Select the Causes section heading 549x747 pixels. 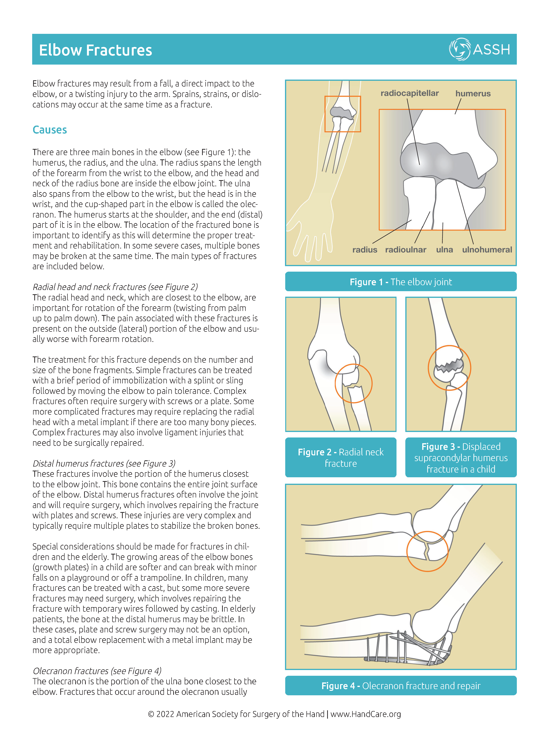coord(50,130)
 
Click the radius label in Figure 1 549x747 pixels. coord(365,249)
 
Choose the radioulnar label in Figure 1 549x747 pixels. coord(406,249)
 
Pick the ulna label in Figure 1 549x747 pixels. coord(444,249)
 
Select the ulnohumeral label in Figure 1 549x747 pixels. coord(487,249)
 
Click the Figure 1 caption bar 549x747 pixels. coord(401,282)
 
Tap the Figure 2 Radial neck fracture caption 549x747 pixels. coord(341,457)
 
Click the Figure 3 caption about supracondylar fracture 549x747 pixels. coord(461,457)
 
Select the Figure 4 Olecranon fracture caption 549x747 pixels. coord(401,686)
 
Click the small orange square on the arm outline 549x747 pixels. coord(343,114)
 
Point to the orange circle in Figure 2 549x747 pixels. coord(353,383)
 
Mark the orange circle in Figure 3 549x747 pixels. coord(449,368)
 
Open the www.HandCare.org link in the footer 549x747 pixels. coord(366,714)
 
